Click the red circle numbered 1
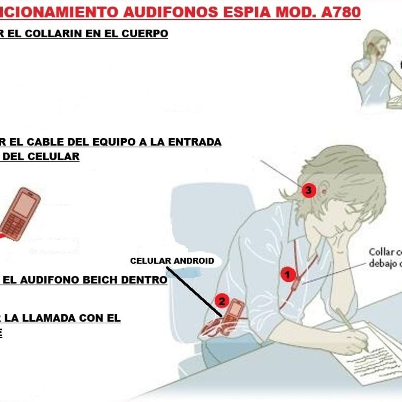[x=287, y=275]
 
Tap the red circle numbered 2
[x=222, y=301]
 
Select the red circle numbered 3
[x=308, y=191]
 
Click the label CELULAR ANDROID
[x=172, y=261]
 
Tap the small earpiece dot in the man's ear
[x=324, y=192]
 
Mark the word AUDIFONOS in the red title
[x=171, y=12]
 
